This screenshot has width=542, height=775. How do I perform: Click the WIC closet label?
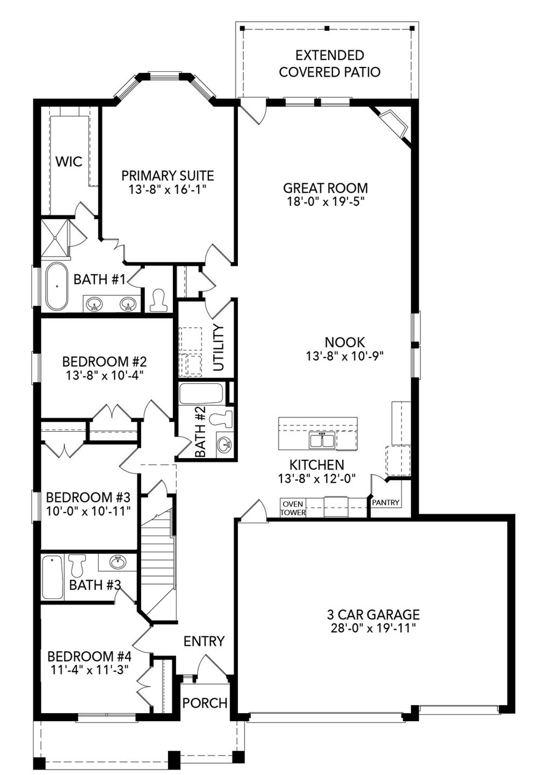click(x=69, y=161)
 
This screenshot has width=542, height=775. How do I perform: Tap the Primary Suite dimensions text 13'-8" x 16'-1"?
click(x=167, y=189)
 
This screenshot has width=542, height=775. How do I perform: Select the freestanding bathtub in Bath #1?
click(x=57, y=286)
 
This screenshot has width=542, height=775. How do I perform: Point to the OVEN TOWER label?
click(x=293, y=508)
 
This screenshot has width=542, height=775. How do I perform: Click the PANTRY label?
click(x=386, y=503)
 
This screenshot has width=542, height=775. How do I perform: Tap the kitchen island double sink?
click(x=322, y=441)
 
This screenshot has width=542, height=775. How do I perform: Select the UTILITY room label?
click(x=218, y=347)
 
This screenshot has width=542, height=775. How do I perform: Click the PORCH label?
click(x=205, y=703)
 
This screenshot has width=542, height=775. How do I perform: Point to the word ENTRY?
click(x=204, y=641)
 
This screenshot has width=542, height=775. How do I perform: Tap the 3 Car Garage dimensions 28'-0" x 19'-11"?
click(x=373, y=628)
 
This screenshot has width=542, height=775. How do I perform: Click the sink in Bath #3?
click(x=118, y=563)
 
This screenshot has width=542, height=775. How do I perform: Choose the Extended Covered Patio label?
click(x=329, y=64)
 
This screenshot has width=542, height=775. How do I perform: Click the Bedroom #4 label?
click(x=89, y=656)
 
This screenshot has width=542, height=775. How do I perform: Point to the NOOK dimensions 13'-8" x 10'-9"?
click(x=345, y=356)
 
